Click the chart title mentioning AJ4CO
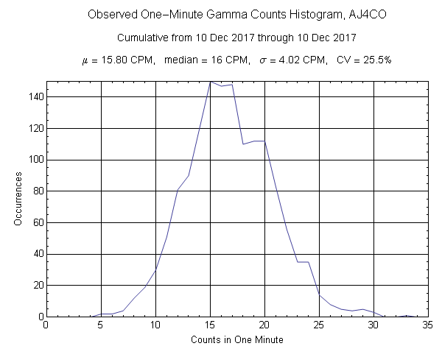[x=221, y=15]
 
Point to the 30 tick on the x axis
[x=373, y=324]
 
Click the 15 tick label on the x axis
[x=210, y=324]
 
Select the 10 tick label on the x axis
[x=155, y=324]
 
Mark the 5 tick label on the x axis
[x=101, y=324]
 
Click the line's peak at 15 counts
[x=210, y=81]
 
